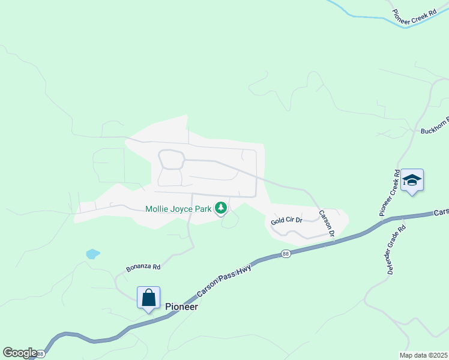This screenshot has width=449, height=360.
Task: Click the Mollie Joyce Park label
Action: [178, 209]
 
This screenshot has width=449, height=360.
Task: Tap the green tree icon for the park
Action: [221, 208]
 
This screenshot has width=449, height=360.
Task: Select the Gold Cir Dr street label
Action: [286, 221]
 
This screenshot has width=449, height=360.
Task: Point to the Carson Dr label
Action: [326, 223]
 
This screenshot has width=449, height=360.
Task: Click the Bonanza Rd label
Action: [143, 267]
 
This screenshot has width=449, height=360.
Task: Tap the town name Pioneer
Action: [181, 306]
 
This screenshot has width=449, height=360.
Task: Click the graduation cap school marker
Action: [412, 180]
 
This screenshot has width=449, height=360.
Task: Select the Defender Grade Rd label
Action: [396, 250]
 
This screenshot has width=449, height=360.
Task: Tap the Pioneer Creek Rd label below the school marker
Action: [389, 193]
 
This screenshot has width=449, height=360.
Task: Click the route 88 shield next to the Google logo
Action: [40, 354]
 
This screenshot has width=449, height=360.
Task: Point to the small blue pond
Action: [92, 254]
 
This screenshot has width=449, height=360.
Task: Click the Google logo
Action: [19, 353]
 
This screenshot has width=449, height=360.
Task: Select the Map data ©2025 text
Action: [424, 355]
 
